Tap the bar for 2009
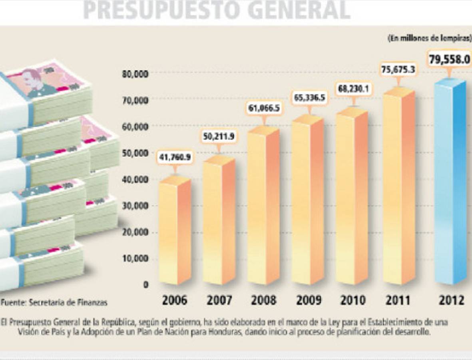[x=307, y=200]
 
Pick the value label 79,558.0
[x=449, y=60]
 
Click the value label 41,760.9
[x=175, y=157]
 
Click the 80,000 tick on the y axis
[x=135, y=74]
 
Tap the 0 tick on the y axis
[x=146, y=284]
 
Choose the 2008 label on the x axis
[x=263, y=300]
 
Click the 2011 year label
[x=398, y=300]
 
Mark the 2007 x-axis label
[x=219, y=300]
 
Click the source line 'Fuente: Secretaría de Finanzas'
[x=54, y=303]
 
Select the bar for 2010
[x=352, y=196]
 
